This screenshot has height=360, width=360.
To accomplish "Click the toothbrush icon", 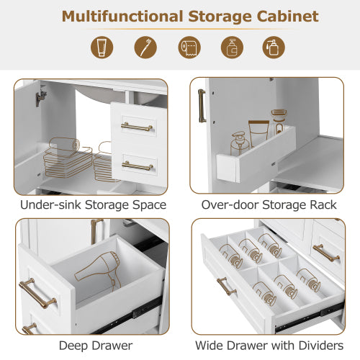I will point(145,48).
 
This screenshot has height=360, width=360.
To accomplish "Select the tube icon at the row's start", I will point(102,48).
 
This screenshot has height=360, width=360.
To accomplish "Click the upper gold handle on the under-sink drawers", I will point(137,127).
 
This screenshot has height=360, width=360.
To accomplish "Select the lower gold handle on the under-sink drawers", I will point(137,166).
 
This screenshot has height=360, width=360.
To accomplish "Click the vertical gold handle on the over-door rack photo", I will point(202,105).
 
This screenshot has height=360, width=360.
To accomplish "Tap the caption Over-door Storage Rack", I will point(269,205).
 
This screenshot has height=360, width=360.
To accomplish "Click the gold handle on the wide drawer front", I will point(226,286).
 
